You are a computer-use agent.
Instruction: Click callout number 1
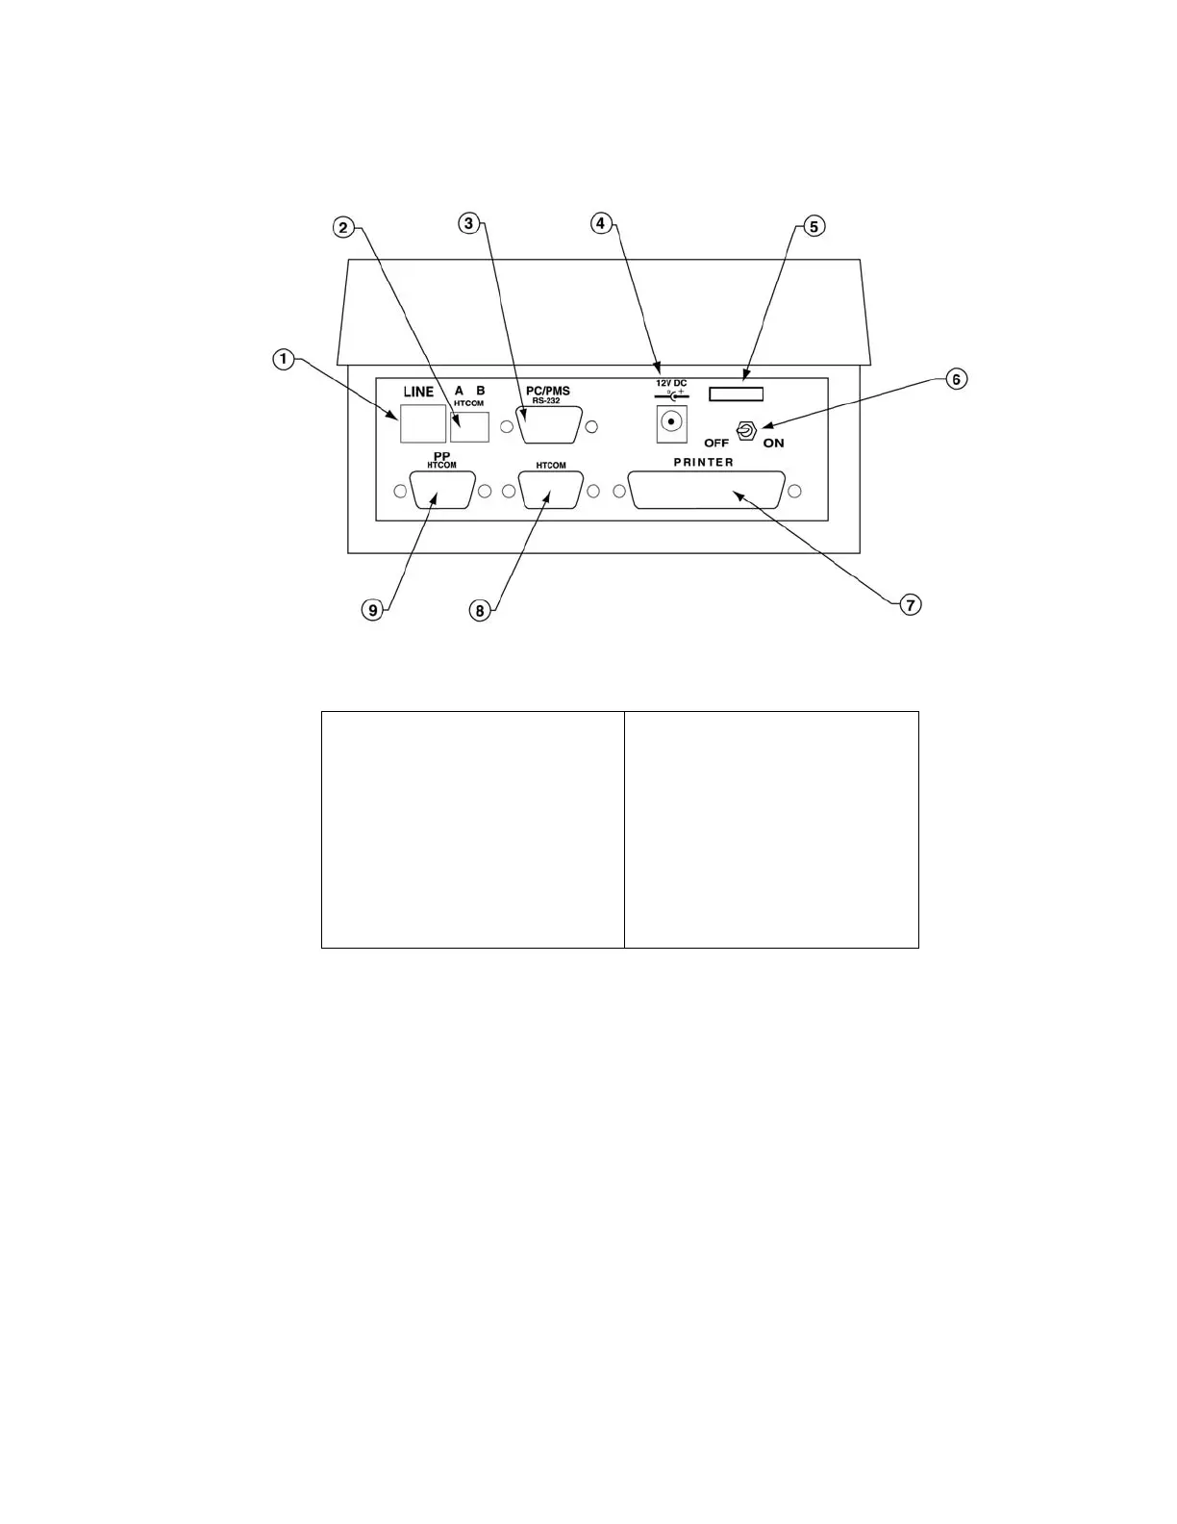tap(282, 359)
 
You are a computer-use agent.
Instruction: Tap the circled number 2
tap(342, 228)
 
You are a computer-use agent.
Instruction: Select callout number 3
tap(468, 223)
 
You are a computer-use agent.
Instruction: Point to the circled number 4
tap(600, 223)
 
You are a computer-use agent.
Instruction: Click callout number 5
tap(814, 226)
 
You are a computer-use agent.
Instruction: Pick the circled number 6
tap(955, 379)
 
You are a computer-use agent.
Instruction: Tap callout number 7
tap(910, 604)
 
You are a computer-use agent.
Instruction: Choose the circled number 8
tap(479, 610)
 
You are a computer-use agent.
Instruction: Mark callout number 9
tap(373, 609)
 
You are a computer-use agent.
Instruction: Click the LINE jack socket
tap(423, 423)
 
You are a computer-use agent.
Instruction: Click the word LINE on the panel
tap(418, 392)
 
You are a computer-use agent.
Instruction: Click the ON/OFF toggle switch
tap(745, 432)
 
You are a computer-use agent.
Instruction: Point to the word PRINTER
tap(703, 463)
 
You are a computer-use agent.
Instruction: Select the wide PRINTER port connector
tap(707, 491)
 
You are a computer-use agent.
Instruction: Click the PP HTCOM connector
tap(442, 491)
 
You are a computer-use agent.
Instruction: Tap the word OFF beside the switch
tap(716, 444)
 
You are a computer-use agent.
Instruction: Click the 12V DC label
tap(671, 383)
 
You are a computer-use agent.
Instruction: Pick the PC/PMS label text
tap(548, 391)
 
